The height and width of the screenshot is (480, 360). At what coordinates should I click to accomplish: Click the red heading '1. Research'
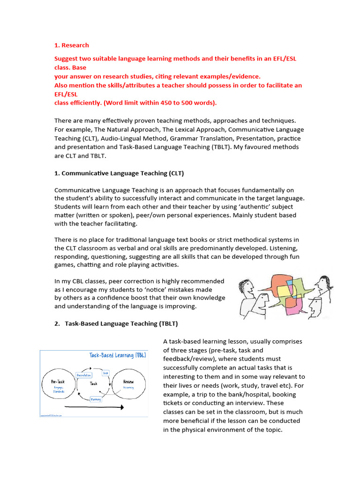[71, 45]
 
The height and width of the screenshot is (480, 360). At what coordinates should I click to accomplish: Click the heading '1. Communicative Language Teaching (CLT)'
[119, 173]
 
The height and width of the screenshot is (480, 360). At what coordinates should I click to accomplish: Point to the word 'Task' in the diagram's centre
[93, 383]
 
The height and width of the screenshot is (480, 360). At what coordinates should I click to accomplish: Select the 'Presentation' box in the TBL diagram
[83, 375]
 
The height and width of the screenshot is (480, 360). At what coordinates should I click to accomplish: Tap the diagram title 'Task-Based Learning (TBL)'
[118, 355]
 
